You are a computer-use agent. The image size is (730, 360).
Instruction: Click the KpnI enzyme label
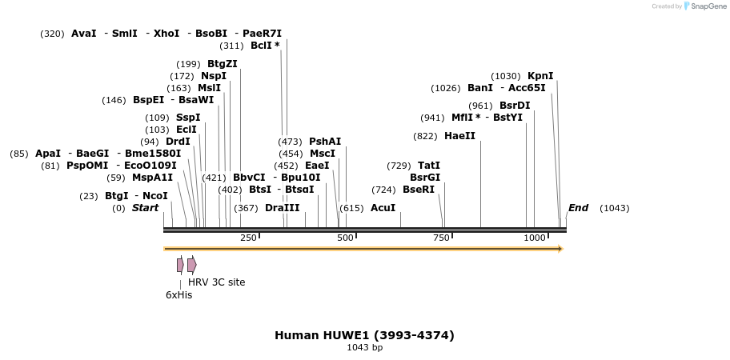[540, 76]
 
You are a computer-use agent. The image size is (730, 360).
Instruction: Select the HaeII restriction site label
[459, 136]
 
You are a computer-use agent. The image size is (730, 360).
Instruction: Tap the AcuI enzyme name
[383, 208]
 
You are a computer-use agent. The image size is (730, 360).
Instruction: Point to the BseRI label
[418, 190]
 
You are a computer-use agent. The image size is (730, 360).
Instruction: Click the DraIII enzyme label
[282, 208]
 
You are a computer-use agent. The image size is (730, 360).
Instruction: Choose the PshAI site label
[325, 142]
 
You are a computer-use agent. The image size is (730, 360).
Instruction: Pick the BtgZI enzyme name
[223, 64]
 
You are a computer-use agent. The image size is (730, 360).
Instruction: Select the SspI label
[188, 118]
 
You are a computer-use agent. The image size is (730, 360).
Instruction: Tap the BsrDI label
[515, 106]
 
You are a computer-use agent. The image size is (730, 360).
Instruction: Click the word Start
[145, 208]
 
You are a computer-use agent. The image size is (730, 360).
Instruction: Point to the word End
[578, 208]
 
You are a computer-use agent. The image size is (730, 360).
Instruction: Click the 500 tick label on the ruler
[345, 238]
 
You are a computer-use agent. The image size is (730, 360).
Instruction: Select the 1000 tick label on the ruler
[535, 238]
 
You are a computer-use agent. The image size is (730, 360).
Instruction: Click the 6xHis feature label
[178, 294]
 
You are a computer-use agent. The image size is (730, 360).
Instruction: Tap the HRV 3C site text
[216, 282]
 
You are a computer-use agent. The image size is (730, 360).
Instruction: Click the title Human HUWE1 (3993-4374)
[364, 335]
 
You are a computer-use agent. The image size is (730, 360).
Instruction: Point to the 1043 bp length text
[364, 348]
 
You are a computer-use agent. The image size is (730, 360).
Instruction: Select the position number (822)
[425, 136]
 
